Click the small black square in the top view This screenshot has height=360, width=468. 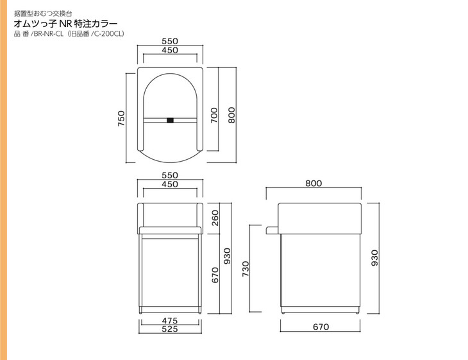(170, 121)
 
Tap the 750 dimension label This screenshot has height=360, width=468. (121, 118)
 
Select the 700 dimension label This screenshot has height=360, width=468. (214, 116)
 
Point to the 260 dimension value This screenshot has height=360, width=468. (215, 218)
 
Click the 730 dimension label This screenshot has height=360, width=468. (246, 269)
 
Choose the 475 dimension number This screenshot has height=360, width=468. (170, 321)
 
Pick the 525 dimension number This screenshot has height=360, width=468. (170, 329)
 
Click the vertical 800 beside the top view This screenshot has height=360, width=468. (231, 116)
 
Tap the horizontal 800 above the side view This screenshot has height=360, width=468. (313, 183)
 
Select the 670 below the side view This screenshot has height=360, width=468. (321, 327)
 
